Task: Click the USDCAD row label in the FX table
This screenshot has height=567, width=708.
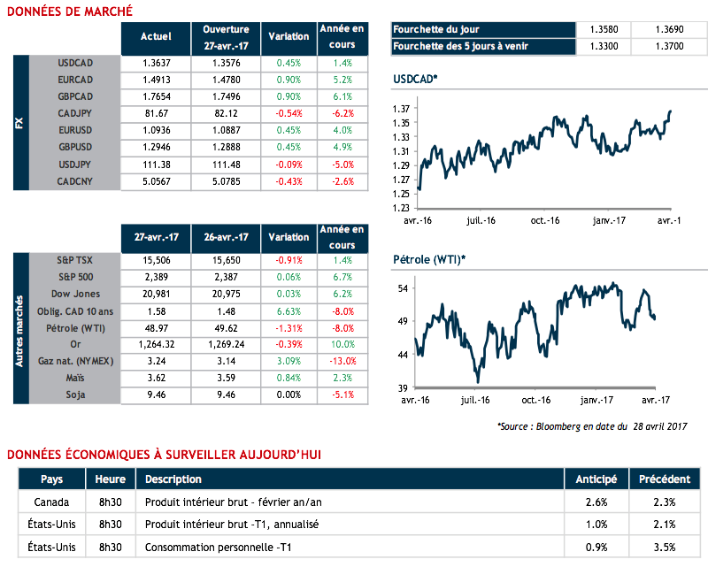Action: click(x=75, y=64)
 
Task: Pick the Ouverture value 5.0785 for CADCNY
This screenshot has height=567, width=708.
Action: click(x=226, y=181)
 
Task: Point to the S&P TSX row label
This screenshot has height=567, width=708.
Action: click(x=75, y=260)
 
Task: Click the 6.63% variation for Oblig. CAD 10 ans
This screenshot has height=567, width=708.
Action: click(x=289, y=310)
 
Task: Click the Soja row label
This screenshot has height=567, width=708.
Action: click(x=75, y=395)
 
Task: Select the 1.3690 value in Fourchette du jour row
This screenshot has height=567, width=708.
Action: click(x=669, y=29)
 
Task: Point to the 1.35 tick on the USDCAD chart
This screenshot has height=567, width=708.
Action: click(x=402, y=122)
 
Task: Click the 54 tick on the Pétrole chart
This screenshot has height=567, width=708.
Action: click(x=402, y=289)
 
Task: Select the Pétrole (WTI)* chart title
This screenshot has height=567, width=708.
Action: click(x=429, y=259)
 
